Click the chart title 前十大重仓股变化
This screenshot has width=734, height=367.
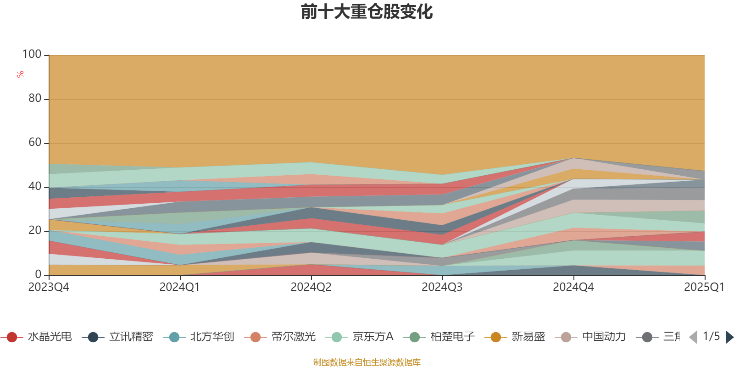coord(367,12)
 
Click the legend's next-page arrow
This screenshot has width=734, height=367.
coord(729,337)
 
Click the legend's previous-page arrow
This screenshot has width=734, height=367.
coord(693,337)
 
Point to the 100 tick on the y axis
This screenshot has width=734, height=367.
coord(32,55)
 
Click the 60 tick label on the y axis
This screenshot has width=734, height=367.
coord(35,143)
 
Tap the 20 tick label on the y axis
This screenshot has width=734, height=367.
coord(35,231)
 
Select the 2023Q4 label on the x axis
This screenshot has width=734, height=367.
coord(49,287)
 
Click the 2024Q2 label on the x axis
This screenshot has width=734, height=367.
coord(311,287)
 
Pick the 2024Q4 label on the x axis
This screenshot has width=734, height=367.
coord(573,287)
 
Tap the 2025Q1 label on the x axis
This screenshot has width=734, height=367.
coord(704,287)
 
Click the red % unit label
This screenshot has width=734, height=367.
coord(20,74)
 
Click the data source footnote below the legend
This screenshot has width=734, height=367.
coord(367,362)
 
